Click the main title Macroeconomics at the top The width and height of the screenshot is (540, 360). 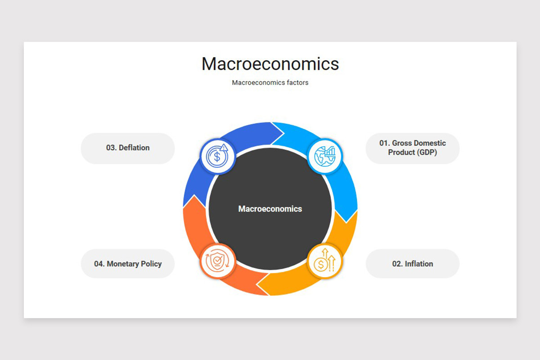click(x=270, y=64)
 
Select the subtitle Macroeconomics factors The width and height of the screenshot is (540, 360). click(x=270, y=83)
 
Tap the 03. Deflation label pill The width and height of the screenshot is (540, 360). click(x=128, y=148)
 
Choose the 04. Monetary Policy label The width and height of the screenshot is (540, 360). click(x=128, y=264)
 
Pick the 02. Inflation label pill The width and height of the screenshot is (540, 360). click(x=412, y=264)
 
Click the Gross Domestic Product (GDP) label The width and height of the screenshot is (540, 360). click(x=412, y=148)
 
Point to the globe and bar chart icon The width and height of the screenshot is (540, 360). click(x=324, y=156)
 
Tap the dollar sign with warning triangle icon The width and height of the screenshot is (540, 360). click(x=217, y=156)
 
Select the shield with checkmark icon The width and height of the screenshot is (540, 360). click(x=217, y=261)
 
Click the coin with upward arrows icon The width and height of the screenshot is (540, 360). click(x=324, y=261)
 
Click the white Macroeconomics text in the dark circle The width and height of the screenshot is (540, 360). click(x=270, y=209)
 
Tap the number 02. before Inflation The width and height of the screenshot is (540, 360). click(x=397, y=264)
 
